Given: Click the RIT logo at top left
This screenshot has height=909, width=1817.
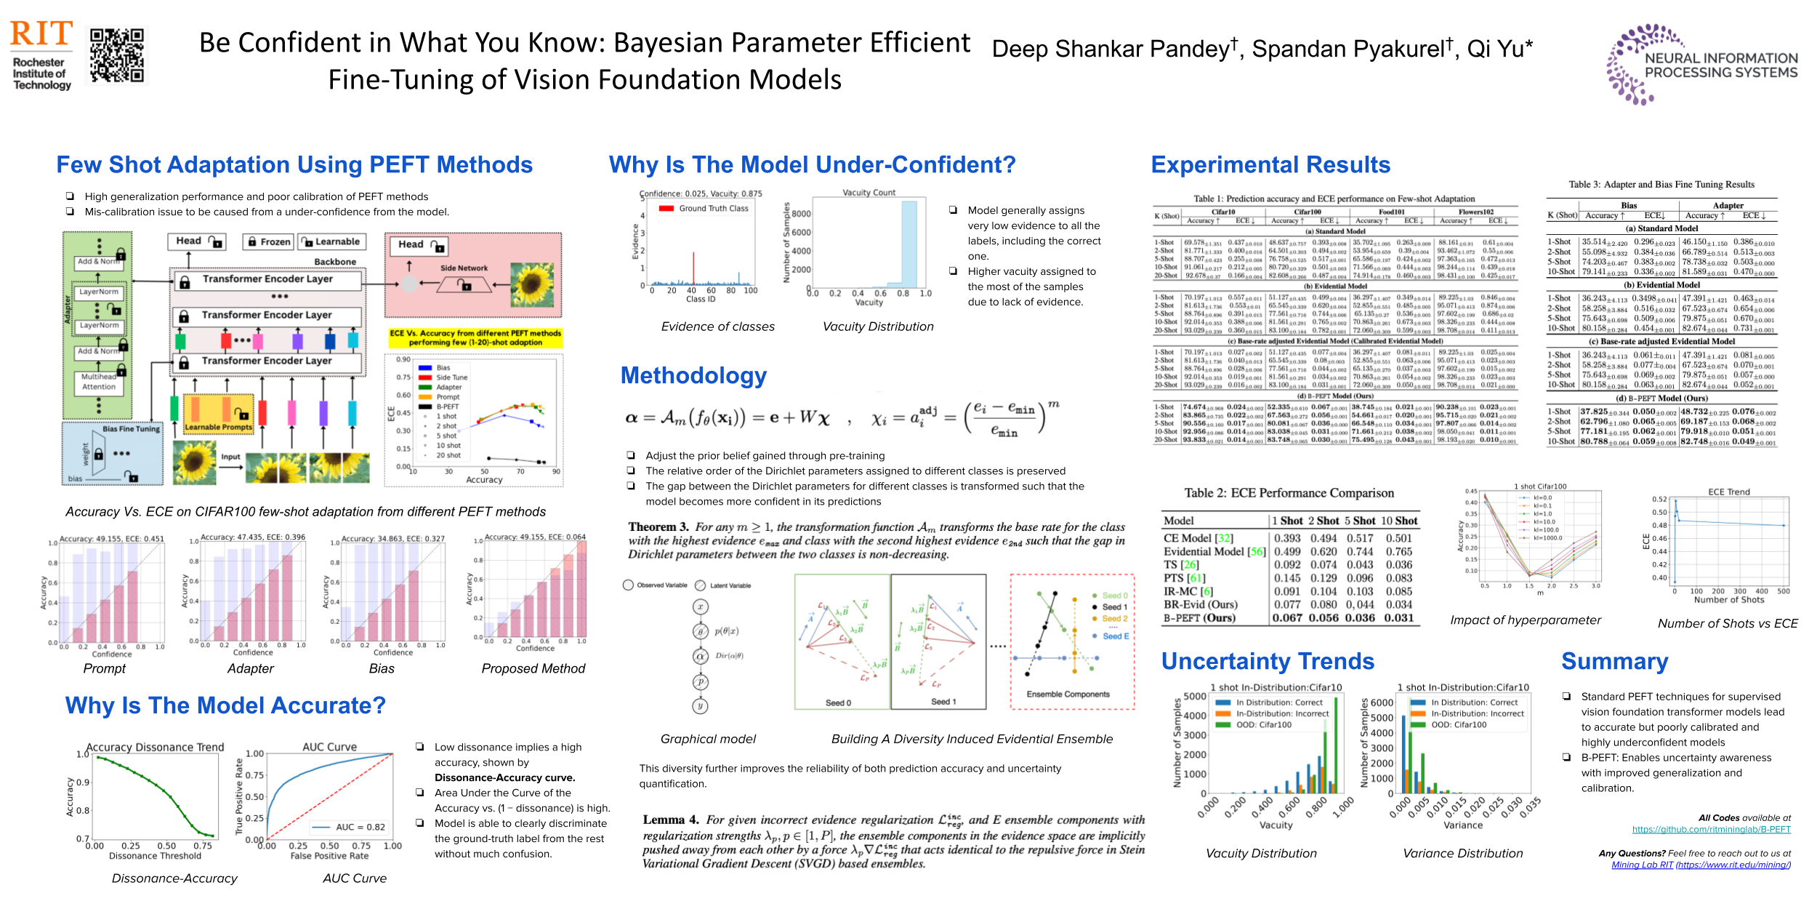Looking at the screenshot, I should point(41,55).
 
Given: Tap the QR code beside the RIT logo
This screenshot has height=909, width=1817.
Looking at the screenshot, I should point(116,55).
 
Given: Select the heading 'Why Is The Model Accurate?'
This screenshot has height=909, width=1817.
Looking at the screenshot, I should point(225,705).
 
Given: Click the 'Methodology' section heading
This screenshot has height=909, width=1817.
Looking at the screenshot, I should point(693,375).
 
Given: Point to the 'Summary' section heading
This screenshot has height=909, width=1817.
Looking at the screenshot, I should point(1614,661).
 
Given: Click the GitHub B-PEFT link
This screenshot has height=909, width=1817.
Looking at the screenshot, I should point(1711,829).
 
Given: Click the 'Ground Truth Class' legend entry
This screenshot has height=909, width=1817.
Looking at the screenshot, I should point(713,208).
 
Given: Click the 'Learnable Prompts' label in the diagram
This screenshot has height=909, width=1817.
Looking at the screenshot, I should point(218,427).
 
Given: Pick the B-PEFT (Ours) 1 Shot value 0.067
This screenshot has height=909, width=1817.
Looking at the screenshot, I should point(1287,618).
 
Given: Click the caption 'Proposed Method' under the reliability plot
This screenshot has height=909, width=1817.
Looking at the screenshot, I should point(533,668).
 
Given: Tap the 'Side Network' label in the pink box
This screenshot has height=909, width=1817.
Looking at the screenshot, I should point(464,268).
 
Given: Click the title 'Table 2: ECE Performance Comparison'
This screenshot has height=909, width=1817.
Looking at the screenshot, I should point(1289,493).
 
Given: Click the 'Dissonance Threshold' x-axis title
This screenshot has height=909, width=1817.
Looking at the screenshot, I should point(155,856).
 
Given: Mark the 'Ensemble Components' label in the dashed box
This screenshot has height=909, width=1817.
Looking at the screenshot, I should point(1068,694).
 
